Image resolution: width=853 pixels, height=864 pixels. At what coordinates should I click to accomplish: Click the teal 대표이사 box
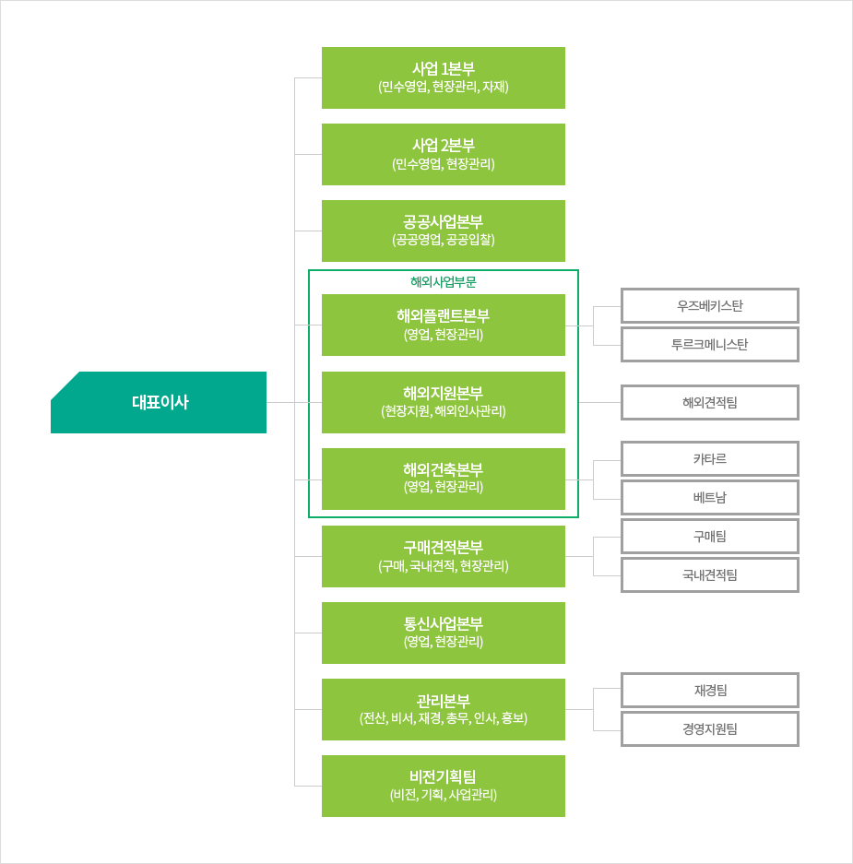[159, 402]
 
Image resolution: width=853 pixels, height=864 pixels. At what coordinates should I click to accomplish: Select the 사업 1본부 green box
[444, 77]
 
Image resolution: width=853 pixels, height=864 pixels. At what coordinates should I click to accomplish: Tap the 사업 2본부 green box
[444, 154]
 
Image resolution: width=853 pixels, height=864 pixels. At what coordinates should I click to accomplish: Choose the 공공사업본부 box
[444, 231]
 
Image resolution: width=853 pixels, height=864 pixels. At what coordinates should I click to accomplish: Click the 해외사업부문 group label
[444, 282]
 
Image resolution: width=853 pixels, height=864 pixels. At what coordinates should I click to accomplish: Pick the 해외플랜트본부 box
[444, 325]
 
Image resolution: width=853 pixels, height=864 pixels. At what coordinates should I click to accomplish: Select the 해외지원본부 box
[444, 402]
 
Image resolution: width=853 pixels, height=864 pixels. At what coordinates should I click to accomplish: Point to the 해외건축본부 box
[444, 479]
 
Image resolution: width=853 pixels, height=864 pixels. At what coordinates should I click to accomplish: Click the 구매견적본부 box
[444, 557]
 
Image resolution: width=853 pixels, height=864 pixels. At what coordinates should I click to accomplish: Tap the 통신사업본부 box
[444, 633]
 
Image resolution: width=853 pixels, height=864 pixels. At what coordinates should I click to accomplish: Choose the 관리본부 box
[444, 710]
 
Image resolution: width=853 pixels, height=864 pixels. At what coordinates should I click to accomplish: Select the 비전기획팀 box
[444, 787]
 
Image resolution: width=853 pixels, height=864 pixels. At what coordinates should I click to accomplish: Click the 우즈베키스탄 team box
[710, 306]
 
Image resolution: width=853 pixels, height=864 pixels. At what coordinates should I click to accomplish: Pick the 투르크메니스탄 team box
[710, 345]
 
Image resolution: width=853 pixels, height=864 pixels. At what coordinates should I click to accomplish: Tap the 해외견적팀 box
[710, 403]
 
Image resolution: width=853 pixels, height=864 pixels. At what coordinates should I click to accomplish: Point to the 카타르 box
[710, 459]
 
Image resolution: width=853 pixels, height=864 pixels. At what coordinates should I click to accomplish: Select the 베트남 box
[710, 498]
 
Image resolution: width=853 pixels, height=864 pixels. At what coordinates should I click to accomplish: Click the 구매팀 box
[710, 537]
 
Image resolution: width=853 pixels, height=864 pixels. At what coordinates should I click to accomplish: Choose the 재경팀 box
[710, 691]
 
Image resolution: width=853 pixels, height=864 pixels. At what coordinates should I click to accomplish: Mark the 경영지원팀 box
[710, 729]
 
